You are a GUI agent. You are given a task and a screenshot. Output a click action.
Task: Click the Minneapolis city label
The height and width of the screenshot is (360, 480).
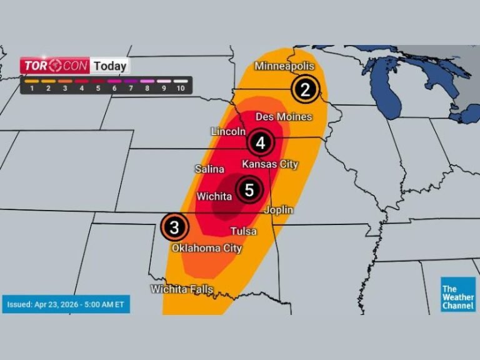point(284,66)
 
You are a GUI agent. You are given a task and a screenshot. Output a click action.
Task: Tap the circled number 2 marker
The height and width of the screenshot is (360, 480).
point(306,89)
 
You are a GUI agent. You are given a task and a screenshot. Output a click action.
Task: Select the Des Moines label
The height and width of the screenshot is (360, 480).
point(284,117)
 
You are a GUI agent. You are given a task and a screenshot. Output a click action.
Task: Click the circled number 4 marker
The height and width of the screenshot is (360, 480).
point(261,143)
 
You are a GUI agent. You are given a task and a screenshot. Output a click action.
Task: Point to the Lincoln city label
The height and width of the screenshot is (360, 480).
point(228,132)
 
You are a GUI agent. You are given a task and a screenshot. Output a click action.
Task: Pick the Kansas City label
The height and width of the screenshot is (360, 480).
point(270,164)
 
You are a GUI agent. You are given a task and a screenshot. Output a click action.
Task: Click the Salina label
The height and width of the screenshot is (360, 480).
point(209,169)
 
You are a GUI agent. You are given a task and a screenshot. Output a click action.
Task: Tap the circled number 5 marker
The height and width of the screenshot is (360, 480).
point(249,190)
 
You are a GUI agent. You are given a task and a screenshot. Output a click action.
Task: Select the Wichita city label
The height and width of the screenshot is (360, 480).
point(215,196)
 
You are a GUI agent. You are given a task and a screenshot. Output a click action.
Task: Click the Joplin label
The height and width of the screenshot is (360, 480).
point(279,210)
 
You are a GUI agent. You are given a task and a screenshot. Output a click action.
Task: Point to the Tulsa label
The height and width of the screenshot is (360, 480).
point(243,231)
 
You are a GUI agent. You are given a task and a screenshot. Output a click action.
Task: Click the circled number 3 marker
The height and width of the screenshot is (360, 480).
point(175,227)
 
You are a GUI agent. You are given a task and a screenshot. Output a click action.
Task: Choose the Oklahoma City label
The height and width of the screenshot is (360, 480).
point(207,248)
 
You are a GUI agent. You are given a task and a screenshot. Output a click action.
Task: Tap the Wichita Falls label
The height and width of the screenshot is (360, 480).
point(182,289)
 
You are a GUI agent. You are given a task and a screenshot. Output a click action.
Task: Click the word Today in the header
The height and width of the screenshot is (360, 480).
point(110,66)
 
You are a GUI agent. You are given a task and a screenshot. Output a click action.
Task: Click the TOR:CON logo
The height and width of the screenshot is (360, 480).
point(55,66)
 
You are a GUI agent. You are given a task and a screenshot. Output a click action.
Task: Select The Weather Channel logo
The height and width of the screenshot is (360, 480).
point(457,294)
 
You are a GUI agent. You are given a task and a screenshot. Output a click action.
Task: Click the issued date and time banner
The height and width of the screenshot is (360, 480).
point(66,304)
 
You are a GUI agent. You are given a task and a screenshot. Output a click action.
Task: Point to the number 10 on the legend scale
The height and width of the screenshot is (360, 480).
point(181,89)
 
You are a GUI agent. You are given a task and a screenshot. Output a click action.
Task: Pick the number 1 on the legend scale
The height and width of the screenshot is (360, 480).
point(31,89)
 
